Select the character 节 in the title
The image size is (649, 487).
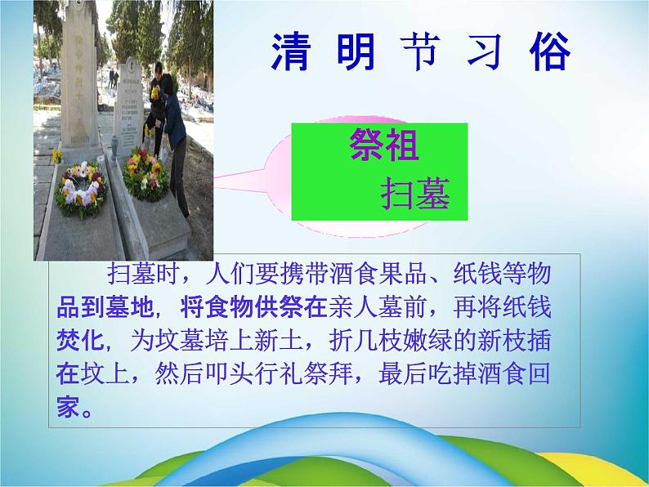click(x=419, y=51)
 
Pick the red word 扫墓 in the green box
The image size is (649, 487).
click(x=416, y=193)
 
